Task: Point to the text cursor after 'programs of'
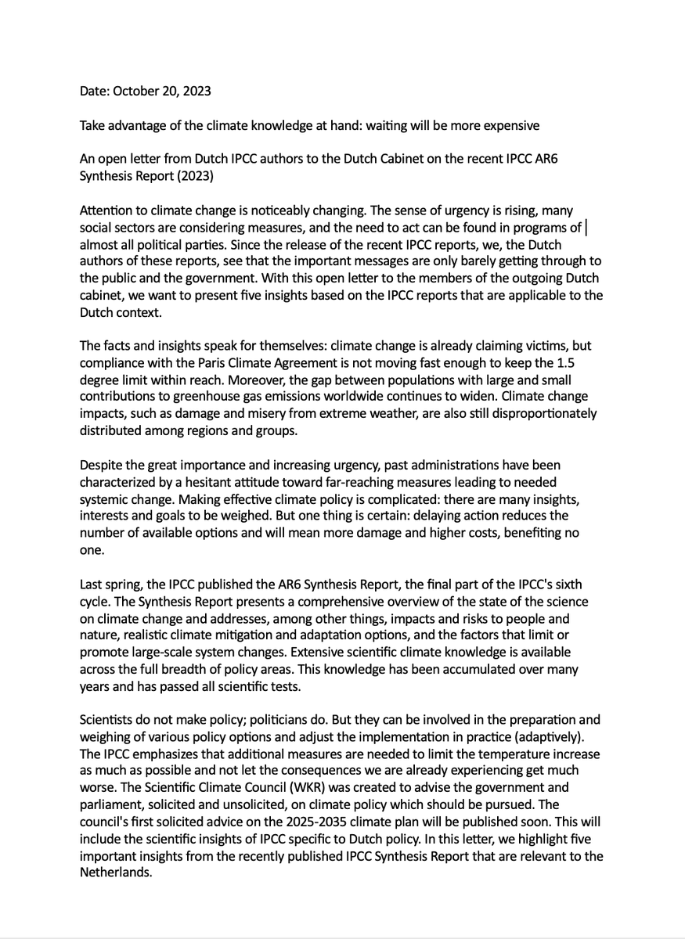[587, 227]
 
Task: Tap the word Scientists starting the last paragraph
[109, 719]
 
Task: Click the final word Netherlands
[114, 872]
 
